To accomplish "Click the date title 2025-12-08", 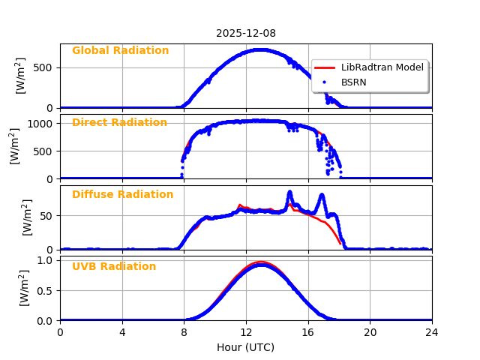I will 246,33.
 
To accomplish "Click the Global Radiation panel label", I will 120,51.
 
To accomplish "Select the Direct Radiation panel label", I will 119,123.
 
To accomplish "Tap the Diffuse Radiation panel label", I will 122,195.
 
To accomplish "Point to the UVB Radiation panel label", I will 114,267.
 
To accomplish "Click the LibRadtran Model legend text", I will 382,67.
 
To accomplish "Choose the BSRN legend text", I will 353,82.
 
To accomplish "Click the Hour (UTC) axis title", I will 246,347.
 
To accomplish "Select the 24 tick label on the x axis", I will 432,332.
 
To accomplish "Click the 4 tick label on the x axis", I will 122,332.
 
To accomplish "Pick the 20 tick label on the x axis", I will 370,332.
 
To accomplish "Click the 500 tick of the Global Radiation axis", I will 45,67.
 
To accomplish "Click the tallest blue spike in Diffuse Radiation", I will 289,192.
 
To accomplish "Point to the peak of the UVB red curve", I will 259,262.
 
